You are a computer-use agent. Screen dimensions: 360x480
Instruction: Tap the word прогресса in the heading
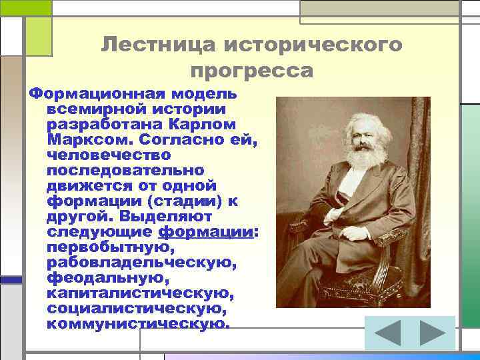pos(251,70)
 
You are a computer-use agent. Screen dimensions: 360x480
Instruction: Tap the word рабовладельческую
pos(142,263)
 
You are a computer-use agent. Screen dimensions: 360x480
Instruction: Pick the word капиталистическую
pos(140,293)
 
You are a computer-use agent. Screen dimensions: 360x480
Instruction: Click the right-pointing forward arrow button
pos(431,333)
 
